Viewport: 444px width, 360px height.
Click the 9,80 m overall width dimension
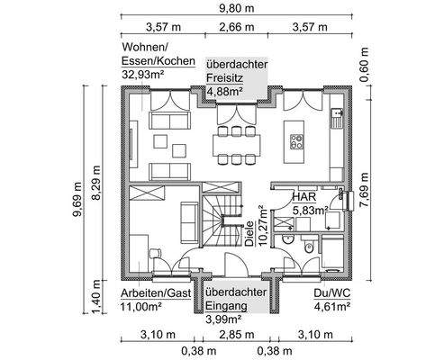coord(236,8)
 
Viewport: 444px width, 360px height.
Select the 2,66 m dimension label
coord(236,27)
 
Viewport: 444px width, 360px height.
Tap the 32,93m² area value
coord(143,75)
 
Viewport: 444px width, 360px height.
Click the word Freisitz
coord(224,77)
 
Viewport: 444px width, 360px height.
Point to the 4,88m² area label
coord(224,91)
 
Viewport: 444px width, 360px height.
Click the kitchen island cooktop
coord(296,141)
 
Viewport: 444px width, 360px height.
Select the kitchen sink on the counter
coord(337,118)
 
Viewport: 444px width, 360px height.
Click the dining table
coord(237,145)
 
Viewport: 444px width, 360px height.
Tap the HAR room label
coord(304,197)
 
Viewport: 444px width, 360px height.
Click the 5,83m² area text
coord(310,211)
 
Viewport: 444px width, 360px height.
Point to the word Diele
coord(249,234)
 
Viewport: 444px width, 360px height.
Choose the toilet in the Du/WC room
coord(308,247)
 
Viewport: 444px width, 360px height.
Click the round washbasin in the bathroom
coord(288,239)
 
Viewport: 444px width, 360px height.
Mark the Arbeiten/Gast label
coord(156,293)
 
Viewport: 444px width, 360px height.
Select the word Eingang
coord(227,306)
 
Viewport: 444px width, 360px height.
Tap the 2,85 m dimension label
coord(237,334)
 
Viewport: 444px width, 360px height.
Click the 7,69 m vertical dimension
coord(364,190)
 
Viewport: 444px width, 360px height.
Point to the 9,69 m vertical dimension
coord(77,199)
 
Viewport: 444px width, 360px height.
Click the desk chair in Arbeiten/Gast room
coord(155,253)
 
